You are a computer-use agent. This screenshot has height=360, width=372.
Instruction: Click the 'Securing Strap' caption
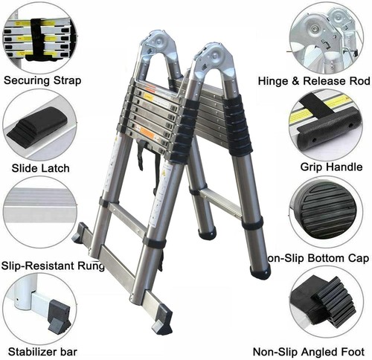click(x=42, y=81)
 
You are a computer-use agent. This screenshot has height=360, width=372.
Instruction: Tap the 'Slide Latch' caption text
click(x=40, y=168)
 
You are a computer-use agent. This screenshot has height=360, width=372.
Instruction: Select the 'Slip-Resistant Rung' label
click(x=53, y=266)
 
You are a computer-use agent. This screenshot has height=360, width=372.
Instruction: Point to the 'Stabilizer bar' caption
click(x=42, y=352)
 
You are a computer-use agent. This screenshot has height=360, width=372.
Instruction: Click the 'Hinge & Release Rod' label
click(x=314, y=81)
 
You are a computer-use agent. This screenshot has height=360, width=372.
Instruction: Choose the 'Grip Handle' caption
click(x=331, y=167)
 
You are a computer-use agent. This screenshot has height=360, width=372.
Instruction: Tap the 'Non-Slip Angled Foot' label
click(x=309, y=352)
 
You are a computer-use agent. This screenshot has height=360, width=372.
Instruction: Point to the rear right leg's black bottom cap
click(x=260, y=272)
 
